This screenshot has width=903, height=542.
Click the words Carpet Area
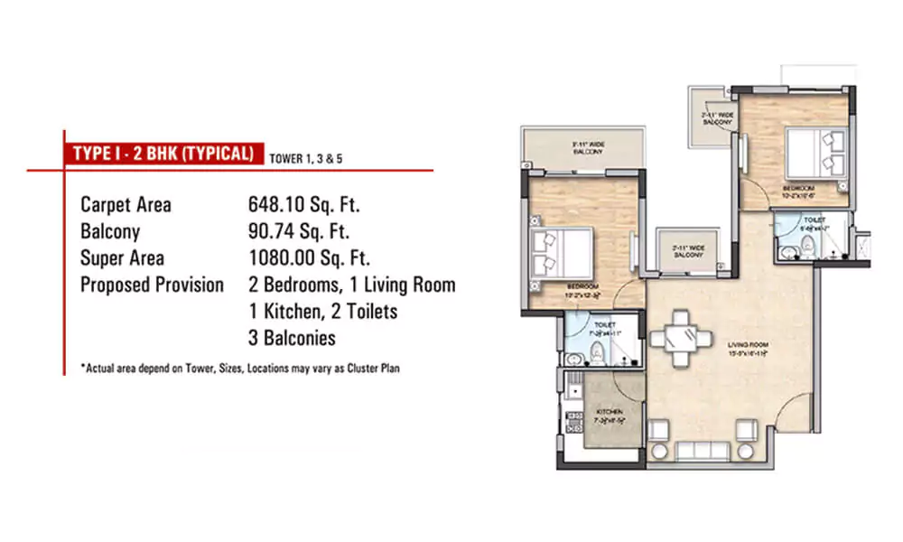point(126,205)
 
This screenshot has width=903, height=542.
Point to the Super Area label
point(121,258)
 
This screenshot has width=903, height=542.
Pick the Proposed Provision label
point(152,285)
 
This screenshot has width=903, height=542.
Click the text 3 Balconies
point(292,339)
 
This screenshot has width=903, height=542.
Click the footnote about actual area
point(239,368)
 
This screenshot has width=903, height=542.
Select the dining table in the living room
point(679,340)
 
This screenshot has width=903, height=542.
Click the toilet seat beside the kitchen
point(600,360)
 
